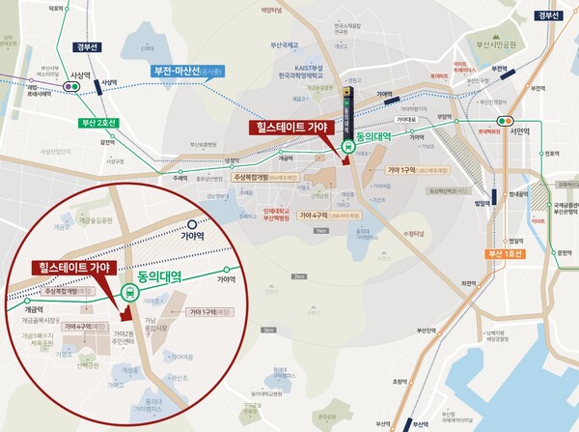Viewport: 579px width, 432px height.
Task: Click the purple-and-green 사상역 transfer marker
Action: coord(70,86)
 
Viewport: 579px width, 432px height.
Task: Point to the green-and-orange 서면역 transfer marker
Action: coord(502,119)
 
